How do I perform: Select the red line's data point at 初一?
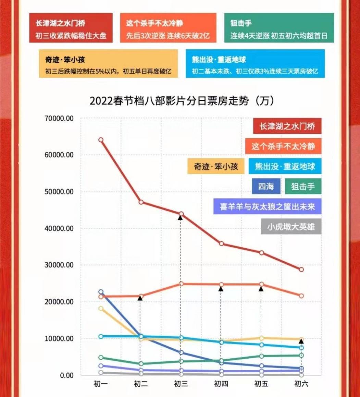pyautogui.click(x=101, y=140)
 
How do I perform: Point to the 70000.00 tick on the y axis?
pyautogui.click(x=59, y=118)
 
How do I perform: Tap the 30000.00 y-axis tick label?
pyautogui.click(x=59, y=265)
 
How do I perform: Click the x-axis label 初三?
pyautogui.click(x=181, y=384)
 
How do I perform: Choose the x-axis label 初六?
pyautogui.click(x=301, y=384)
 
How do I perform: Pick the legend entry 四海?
pyautogui.click(x=266, y=187)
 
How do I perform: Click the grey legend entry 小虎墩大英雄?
pyautogui.click(x=291, y=227)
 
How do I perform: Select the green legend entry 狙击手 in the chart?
pyautogui.click(x=303, y=187)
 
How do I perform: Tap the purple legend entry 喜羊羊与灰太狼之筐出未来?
pyautogui.click(x=267, y=207)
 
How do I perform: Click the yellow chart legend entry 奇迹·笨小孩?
pyautogui.click(x=216, y=167)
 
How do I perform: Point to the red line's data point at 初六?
pyautogui.click(x=301, y=269)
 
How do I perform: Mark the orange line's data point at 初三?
pyautogui.click(x=181, y=284)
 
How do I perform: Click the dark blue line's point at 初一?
pyautogui.click(x=101, y=292)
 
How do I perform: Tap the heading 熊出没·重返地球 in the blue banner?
pyautogui.click(x=219, y=60)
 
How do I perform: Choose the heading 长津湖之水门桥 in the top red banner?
pyautogui.click(x=60, y=23)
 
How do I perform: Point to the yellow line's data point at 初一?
pyautogui.click(x=101, y=309)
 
